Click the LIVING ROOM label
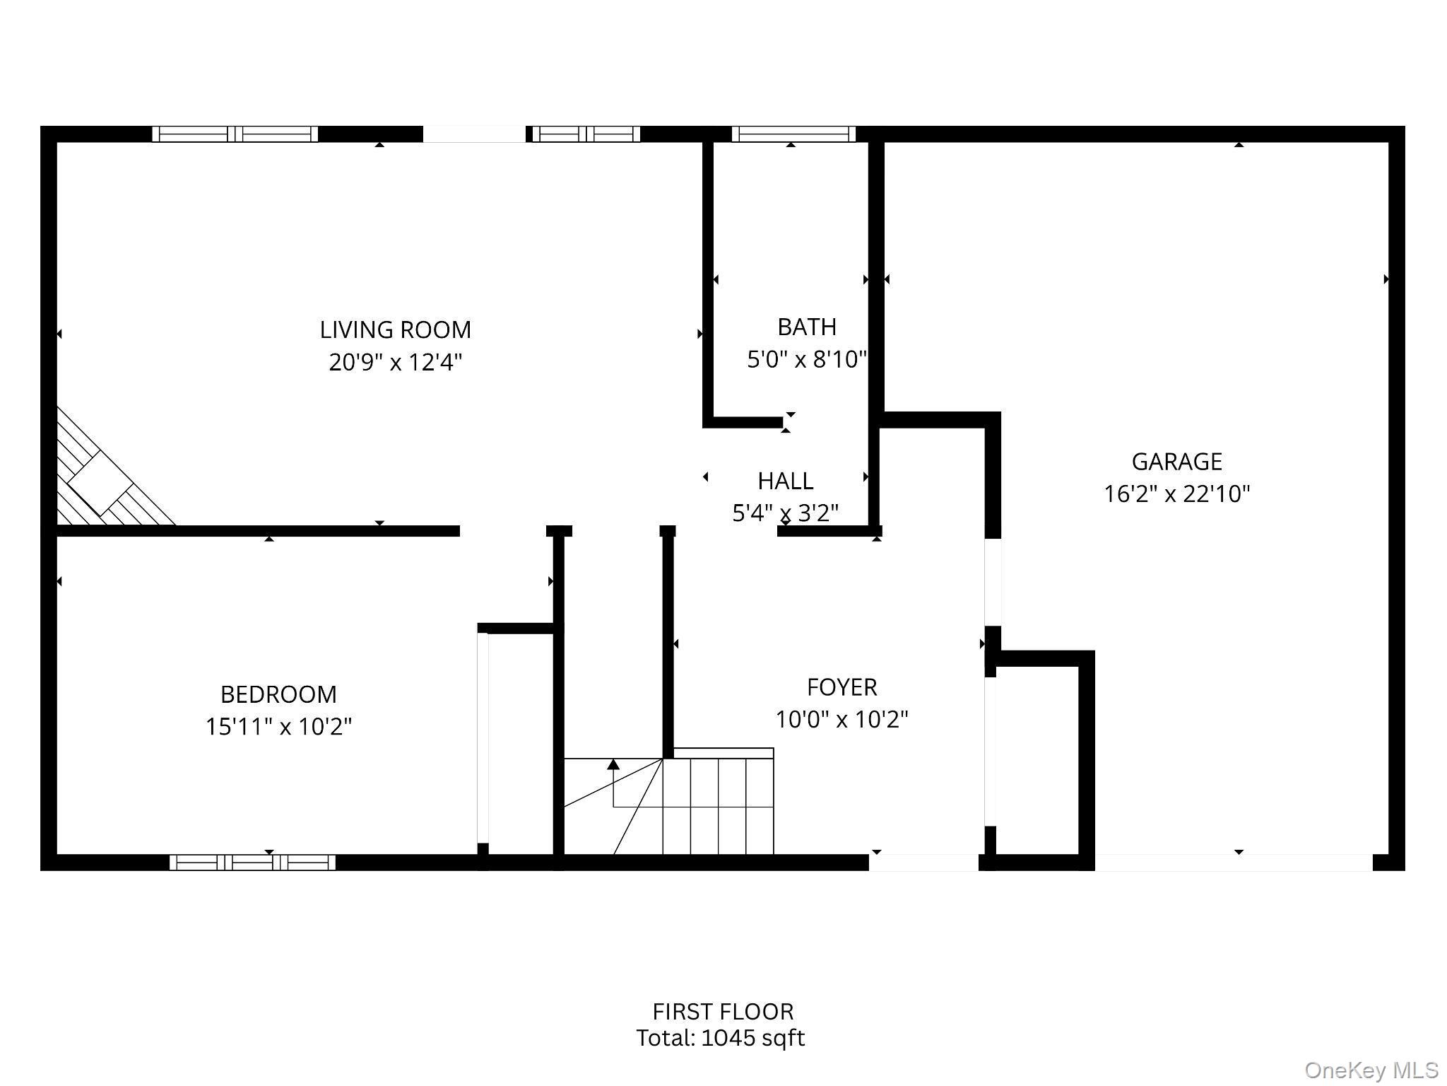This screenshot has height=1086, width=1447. tap(395, 329)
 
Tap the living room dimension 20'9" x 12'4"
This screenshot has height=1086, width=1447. tap(395, 362)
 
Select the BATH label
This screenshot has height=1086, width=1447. tap(807, 327)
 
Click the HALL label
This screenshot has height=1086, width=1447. tap(785, 481)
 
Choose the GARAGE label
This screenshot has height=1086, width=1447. tap(1176, 462)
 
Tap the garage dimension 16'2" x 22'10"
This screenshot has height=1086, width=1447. tap(1176, 494)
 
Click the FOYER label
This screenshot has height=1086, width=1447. tap(841, 687)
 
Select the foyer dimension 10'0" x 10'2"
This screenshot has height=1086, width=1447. tap(841, 720)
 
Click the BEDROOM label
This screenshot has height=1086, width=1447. tap(278, 694)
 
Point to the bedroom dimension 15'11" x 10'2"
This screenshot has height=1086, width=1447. tap(278, 726)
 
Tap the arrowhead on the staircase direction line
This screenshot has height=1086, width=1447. tap(613, 764)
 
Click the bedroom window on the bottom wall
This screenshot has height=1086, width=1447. tap(252, 862)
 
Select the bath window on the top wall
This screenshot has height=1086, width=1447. tap(793, 134)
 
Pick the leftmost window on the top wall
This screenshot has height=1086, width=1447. tap(235, 134)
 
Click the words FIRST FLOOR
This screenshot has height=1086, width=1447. tap(723, 1012)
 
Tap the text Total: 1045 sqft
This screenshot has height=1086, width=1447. tap(720, 1038)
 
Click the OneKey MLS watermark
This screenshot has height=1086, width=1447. tap(1371, 1070)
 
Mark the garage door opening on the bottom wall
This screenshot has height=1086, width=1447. tap(1233, 862)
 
